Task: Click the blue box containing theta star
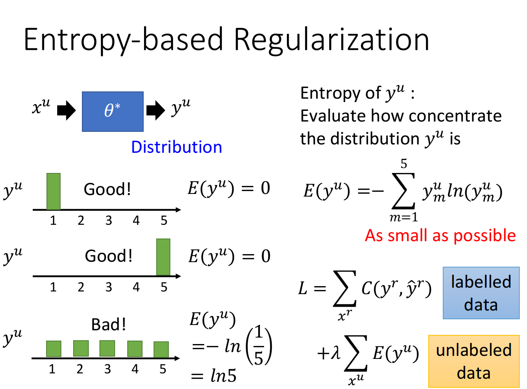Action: click(113, 112)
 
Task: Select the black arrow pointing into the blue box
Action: click(66, 110)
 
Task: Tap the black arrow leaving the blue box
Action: click(155, 110)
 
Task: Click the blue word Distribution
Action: click(176, 147)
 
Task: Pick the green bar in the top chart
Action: click(53, 191)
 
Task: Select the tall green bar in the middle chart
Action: click(163, 257)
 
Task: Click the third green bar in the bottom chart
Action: click(107, 348)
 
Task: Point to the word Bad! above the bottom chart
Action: click(108, 325)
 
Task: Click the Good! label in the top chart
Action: click(107, 189)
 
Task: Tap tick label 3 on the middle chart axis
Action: click(109, 287)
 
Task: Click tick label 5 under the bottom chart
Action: click(163, 369)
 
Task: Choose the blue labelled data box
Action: click(481, 293)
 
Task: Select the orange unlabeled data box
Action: click(474, 362)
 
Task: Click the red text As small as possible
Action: click(440, 235)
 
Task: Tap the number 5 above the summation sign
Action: click(404, 163)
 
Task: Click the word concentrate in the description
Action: click(455, 116)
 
